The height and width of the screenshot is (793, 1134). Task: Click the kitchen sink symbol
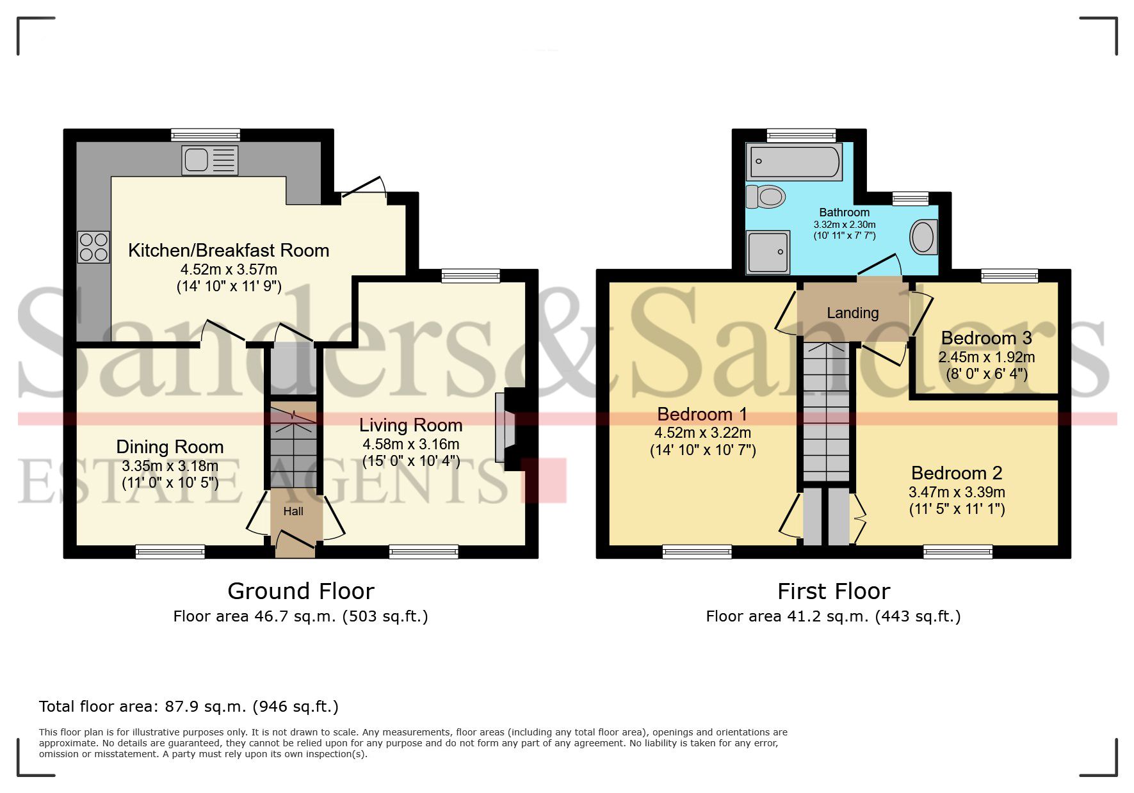(x=209, y=160)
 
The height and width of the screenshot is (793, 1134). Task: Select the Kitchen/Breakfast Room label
(x=229, y=250)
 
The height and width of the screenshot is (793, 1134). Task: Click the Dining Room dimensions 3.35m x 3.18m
(x=170, y=466)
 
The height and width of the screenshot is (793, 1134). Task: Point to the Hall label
(x=293, y=511)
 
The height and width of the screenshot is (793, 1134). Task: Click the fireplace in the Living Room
(x=505, y=428)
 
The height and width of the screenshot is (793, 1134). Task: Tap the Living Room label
(x=410, y=425)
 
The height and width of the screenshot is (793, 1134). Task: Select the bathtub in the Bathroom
(x=794, y=162)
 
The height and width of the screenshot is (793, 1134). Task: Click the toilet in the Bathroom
(x=766, y=196)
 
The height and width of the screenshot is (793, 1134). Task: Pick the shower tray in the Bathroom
(x=768, y=252)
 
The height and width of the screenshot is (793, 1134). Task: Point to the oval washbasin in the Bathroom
(x=923, y=237)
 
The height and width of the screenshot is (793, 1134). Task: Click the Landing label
(x=852, y=313)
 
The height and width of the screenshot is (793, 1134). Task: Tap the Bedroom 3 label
(x=986, y=338)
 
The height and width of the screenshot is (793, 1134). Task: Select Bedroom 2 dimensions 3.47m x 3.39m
(x=957, y=492)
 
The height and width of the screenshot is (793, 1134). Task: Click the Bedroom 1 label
(x=702, y=414)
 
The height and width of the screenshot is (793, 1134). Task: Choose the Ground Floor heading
(x=300, y=591)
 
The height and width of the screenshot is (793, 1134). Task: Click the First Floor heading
(x=833, y=591)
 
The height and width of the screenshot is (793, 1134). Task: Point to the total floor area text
(x=188, y=707)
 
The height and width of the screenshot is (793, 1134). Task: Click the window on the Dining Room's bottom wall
(x=170, y=551)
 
